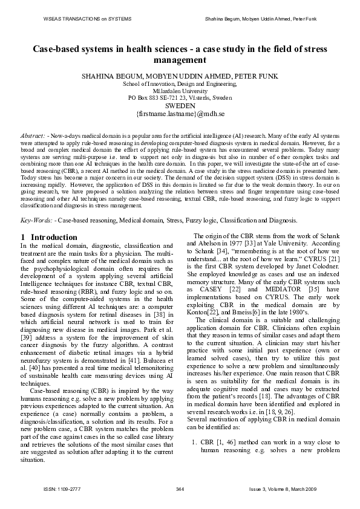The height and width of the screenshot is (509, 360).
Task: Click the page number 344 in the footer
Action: point(180,488)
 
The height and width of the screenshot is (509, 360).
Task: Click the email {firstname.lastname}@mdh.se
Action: point(180,113)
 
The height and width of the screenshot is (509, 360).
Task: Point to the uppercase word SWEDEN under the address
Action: point(180,105)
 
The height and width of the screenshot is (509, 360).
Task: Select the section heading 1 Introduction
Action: point(49,238)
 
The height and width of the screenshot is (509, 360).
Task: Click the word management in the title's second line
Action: point(180,60)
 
